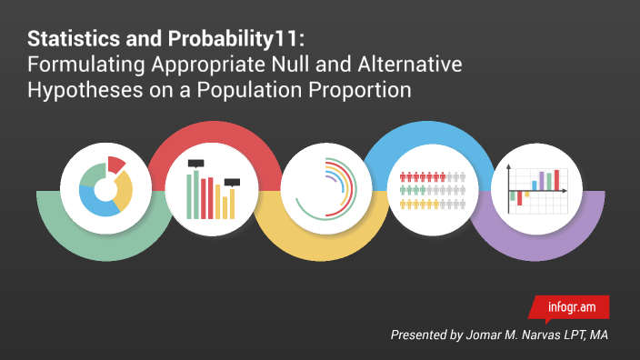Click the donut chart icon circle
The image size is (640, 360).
[x=104, y=188]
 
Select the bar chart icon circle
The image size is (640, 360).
[x=211, y=188]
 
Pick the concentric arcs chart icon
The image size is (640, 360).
[x=324, y=188]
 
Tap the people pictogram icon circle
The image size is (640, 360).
[x=431, y=188]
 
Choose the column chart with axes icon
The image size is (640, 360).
[x=536, y=188]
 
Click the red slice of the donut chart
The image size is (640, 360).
[x=115, y=165]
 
